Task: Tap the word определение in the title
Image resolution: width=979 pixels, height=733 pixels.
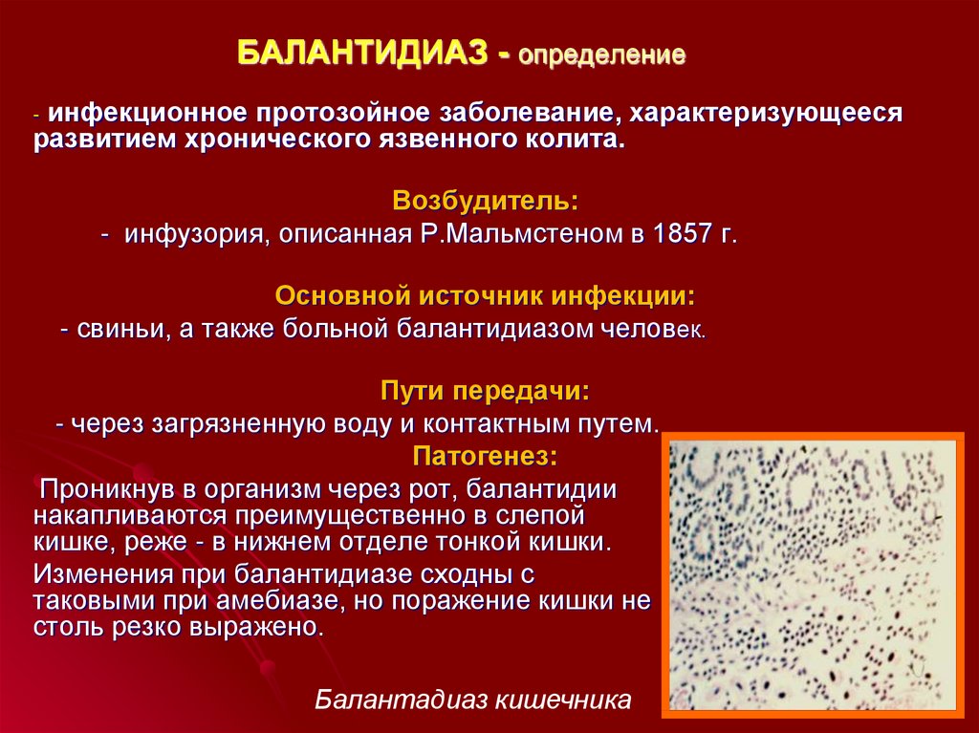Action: (x=602, y=55)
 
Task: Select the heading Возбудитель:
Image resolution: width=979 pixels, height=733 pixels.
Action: (x=486, y=201)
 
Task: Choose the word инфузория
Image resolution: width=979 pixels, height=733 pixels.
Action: (x=197, y=235)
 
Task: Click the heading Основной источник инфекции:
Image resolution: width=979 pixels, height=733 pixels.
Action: (x=485, y=296)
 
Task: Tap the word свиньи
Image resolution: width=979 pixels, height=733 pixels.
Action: (x=121, y=329)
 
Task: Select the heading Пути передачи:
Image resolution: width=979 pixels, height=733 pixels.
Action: (x=485, y=392)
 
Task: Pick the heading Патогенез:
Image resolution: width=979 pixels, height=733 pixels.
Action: (x=485, y=457)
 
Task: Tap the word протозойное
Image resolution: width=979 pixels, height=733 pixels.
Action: (x=343, y=113)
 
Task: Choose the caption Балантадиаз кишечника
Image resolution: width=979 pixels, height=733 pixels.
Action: (x=473, y=700)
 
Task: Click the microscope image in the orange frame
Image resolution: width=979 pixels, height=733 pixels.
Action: (x=813, y=575)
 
